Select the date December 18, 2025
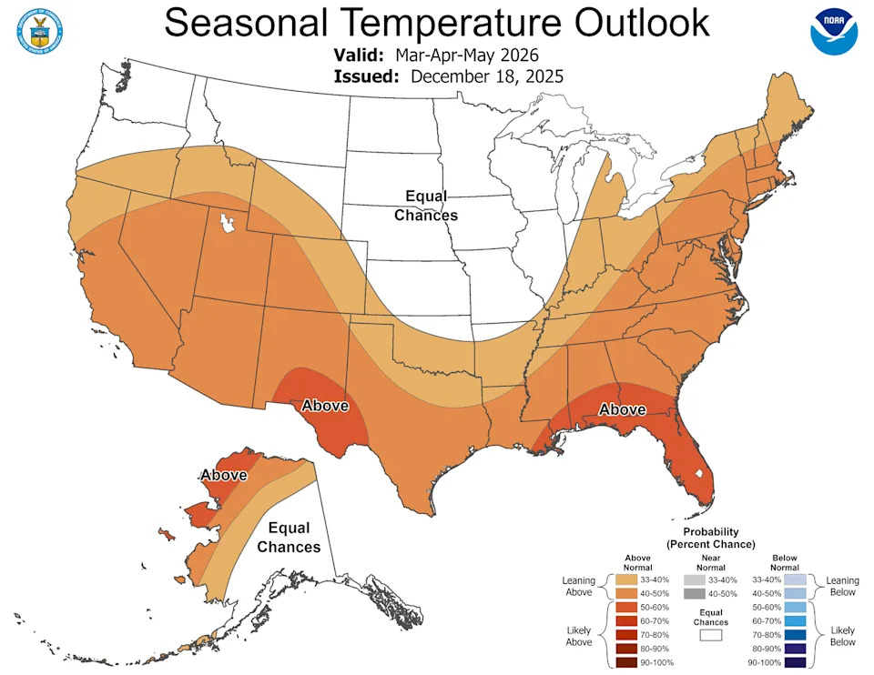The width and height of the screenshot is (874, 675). [486, 76]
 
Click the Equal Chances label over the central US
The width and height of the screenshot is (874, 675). [425, 206]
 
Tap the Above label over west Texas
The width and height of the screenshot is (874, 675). [325, 405]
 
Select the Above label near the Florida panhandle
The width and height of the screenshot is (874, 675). [622, 410]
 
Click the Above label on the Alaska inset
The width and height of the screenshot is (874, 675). [223, 475]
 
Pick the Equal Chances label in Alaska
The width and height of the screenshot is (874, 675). [289, 538]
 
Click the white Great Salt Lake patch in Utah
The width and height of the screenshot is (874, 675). [223, 222]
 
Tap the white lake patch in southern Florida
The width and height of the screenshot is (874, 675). [698, 473]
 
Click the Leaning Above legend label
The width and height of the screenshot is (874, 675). [578, 586]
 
